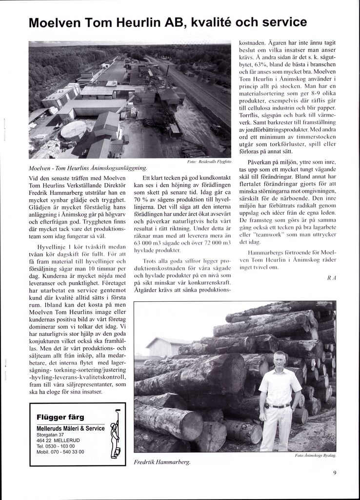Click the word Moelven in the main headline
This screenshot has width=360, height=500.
pos(56,23)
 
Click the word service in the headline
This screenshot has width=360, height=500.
pos(278,23)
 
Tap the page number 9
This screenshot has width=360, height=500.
pos(335,472)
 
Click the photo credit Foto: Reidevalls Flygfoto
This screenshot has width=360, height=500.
pos(209,162)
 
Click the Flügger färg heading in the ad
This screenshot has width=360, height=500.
pos(60,417)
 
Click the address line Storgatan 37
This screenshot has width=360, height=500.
pos(50,435)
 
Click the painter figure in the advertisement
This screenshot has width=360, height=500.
pos(115,433)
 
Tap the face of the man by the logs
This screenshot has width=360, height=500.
pos(280,360)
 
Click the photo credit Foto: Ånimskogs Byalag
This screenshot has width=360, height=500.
pos(316,456)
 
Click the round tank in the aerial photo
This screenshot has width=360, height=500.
pos(74,130)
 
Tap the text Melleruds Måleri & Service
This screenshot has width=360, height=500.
pos(71,428)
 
